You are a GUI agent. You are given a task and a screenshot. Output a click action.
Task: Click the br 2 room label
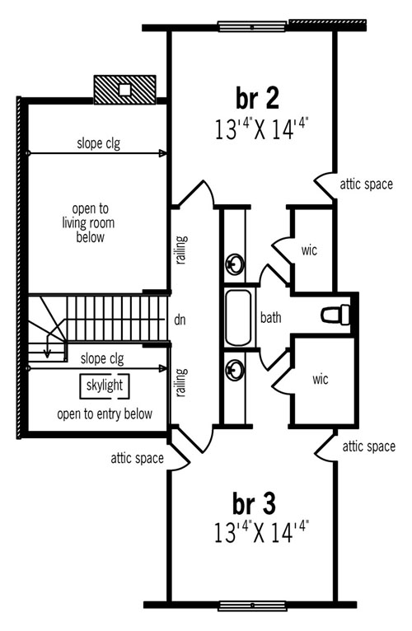(x=257, y=99)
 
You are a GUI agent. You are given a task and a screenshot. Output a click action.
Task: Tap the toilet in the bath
(x=335, y=315)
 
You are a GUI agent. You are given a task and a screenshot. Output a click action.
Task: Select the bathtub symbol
(x=238, y=317)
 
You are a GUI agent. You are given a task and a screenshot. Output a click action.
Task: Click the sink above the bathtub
(x=234, y=264)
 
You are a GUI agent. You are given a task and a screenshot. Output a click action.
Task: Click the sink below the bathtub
(x=234, y=370)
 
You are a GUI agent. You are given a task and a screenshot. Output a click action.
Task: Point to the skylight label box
(x=105, y=386)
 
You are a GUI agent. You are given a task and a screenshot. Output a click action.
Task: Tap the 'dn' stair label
(x=180, y=320)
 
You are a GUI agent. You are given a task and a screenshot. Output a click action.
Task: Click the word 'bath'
(x=270, y=317)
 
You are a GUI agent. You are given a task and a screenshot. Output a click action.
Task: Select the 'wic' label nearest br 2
(x=309, y=250)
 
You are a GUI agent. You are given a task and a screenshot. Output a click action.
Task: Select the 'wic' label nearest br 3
(x=321, y=379)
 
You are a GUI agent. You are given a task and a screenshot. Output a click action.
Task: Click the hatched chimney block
(x=125, y=90)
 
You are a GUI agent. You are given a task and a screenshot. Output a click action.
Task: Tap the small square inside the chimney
(x=125, y=90)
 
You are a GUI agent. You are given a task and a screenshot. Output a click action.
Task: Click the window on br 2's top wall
(x=252, y=27)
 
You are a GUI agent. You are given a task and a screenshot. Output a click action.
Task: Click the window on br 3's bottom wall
(x=252, y=605)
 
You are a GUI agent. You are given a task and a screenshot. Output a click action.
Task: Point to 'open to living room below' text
(x=88, y=222)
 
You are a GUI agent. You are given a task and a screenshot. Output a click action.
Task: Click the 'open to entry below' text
(x=105, y=414)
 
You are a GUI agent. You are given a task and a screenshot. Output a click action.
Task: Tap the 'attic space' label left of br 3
(x=138, y=458)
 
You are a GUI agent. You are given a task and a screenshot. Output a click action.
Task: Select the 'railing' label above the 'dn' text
(x=182, y=250)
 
